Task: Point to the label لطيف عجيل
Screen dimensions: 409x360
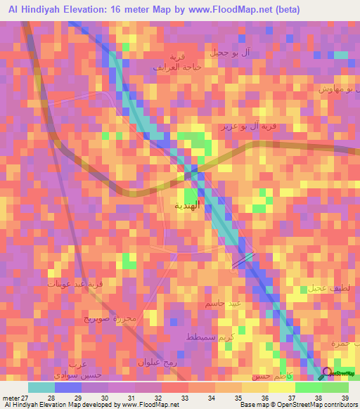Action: click(325, 288)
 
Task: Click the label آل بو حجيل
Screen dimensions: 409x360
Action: click(226, 53)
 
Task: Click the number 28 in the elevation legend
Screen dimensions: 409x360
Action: click(51, 397)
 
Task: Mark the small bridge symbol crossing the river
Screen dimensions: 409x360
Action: click(241, 259)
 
